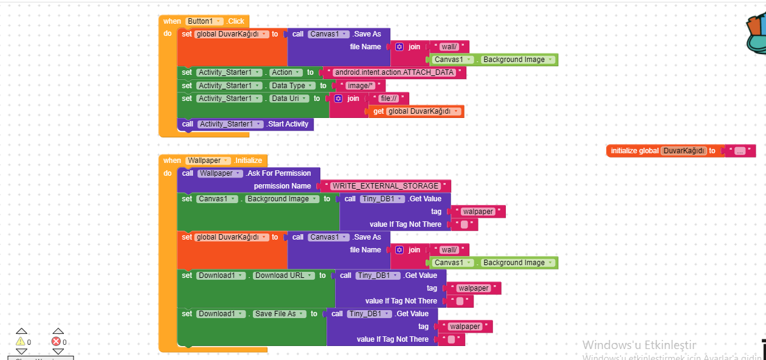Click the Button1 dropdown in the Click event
204,21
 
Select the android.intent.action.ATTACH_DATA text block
394,72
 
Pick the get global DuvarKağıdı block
416,111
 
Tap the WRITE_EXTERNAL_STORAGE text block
385,186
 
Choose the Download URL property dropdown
282,275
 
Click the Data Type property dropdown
291,86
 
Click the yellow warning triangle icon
21,342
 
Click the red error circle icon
57,342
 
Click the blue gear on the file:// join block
338,99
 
